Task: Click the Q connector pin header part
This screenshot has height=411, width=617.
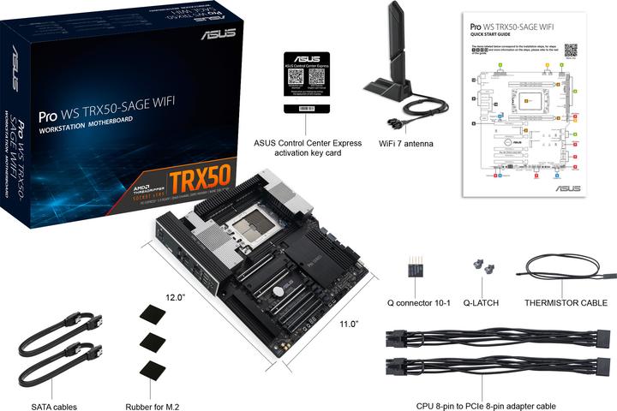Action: [418, 267]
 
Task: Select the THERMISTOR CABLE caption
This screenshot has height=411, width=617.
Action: [565, 302]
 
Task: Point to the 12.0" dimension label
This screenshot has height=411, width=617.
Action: [176, 297]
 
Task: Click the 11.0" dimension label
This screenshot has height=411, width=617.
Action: [347, 325]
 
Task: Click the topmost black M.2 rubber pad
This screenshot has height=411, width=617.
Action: [151, 314]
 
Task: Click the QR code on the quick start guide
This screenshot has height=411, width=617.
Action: [571, 50]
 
